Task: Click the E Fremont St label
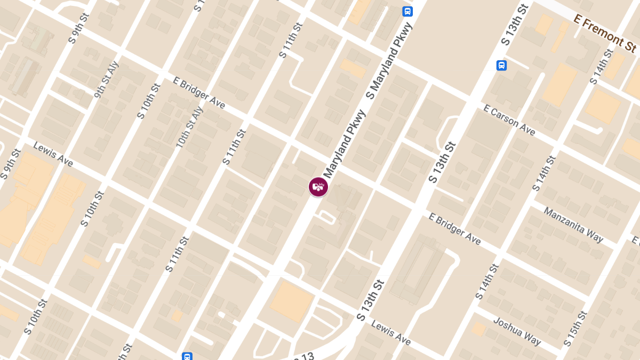click(x=605, y=33)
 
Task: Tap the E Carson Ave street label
click(x=509, y=120)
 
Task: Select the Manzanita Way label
click(x=573, y=225)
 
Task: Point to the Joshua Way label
click(x=517, y=331)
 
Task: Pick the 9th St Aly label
click(x=106, y=80)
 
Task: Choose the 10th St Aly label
click(x=190, y=127)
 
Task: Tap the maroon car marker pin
click(x=318, y=187)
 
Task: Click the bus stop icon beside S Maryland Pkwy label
click(x=407, y=11)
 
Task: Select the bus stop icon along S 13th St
click(x=501, y=65)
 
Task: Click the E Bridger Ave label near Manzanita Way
click(x=455, y=229)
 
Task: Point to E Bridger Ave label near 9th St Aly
click(x=198, y=92)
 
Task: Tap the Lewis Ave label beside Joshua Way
click(x=391, y=332)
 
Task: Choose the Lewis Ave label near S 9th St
click(x=53, y=154)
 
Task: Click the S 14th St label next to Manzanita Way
click(x=544, y=173)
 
